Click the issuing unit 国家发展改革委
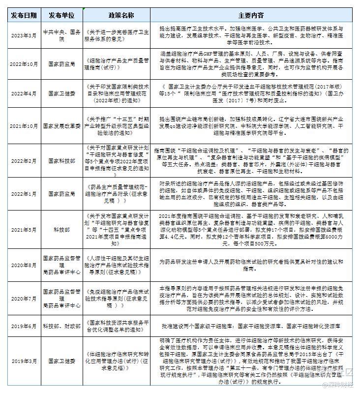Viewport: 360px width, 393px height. (x=61, y=125)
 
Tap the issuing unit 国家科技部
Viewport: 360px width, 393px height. (x=61, y=160)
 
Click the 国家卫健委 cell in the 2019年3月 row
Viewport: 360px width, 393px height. (x=61, y=361)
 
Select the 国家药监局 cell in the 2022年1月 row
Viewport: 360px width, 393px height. (x=61, y=194)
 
